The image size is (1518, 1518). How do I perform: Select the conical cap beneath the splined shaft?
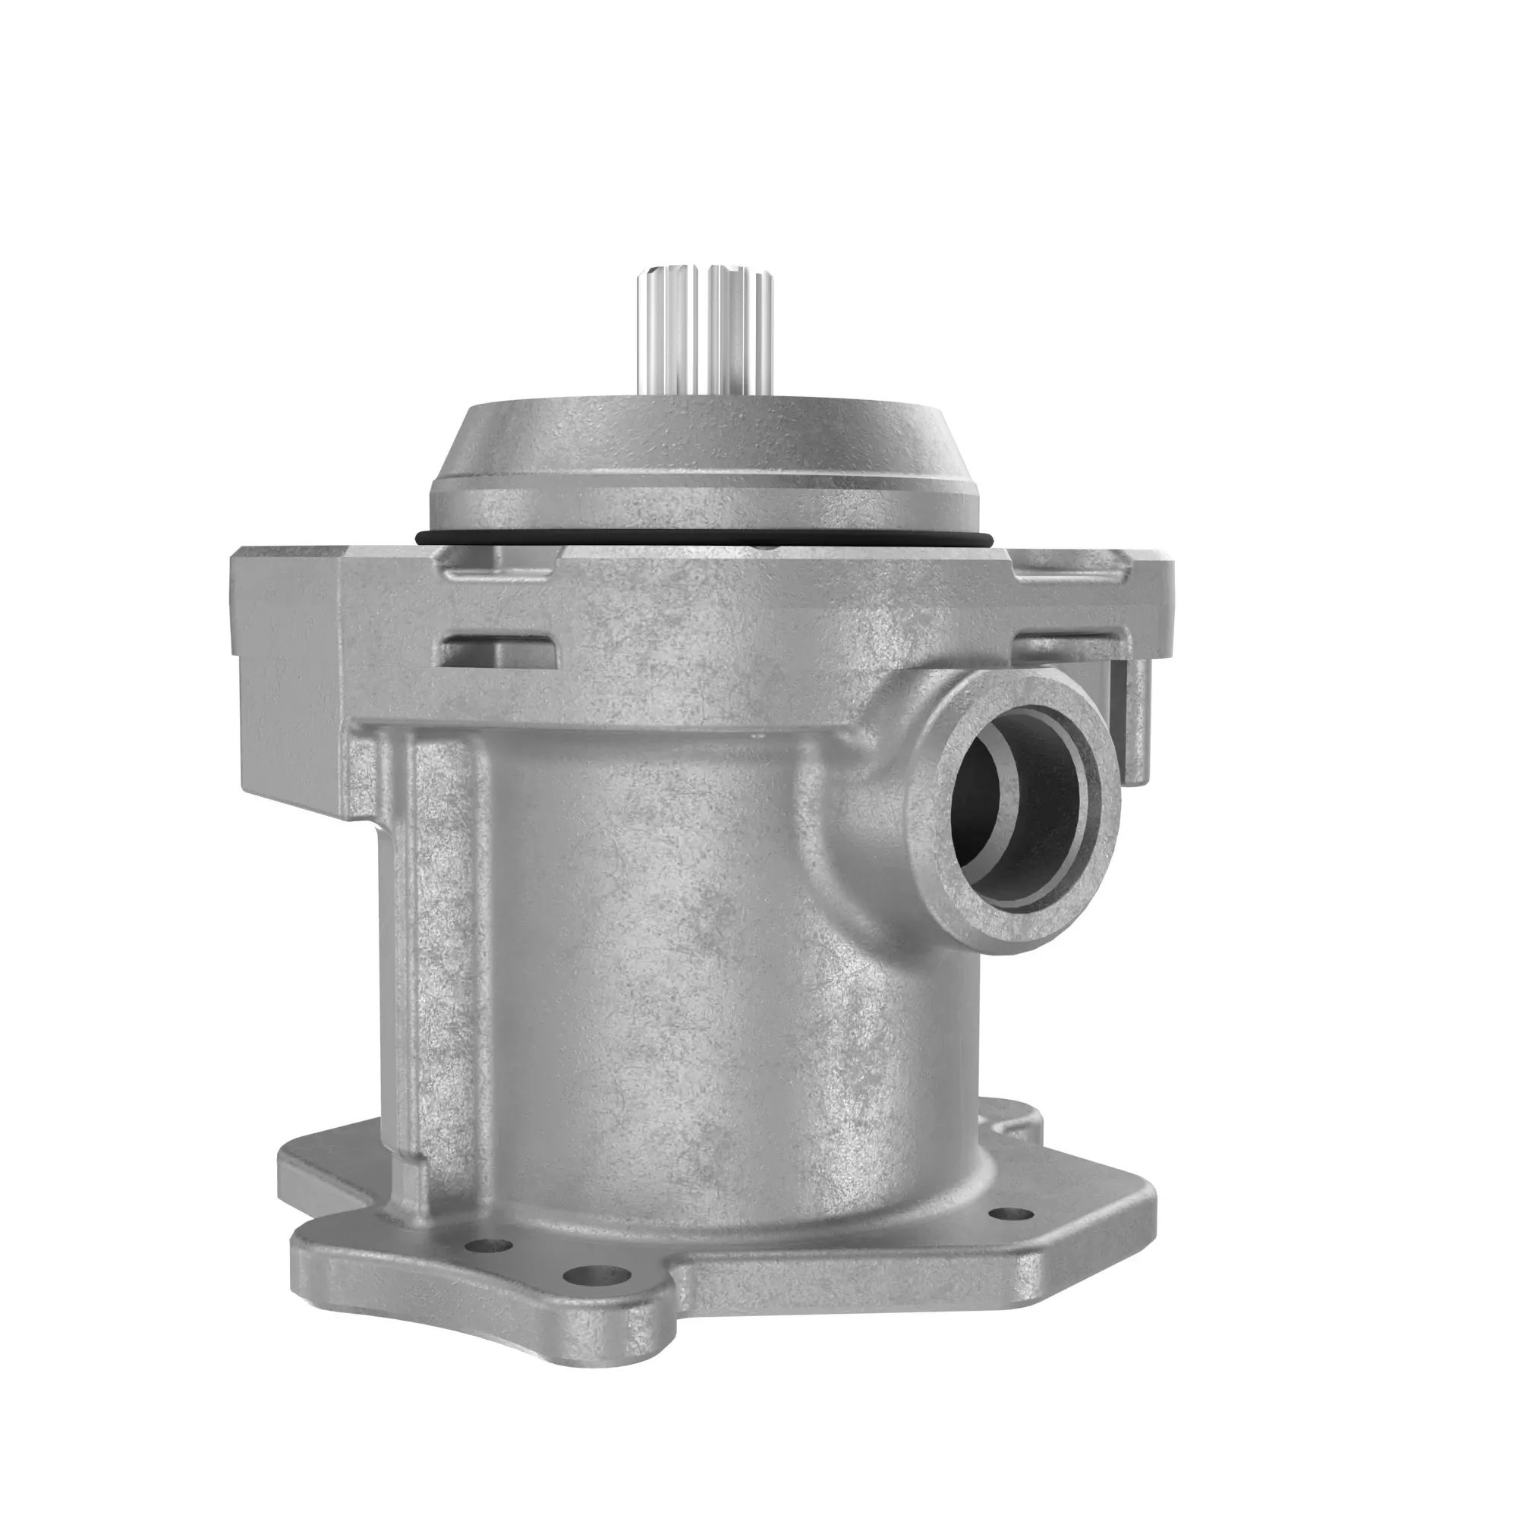[x=704, y=464]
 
